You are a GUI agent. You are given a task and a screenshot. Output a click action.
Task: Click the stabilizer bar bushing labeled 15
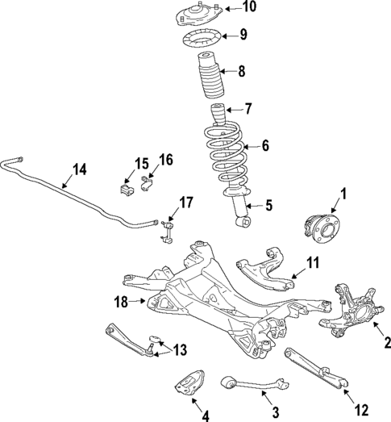126,189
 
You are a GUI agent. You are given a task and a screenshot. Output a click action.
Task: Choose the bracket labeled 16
146,186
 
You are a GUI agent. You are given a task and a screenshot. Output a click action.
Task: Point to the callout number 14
78,169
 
